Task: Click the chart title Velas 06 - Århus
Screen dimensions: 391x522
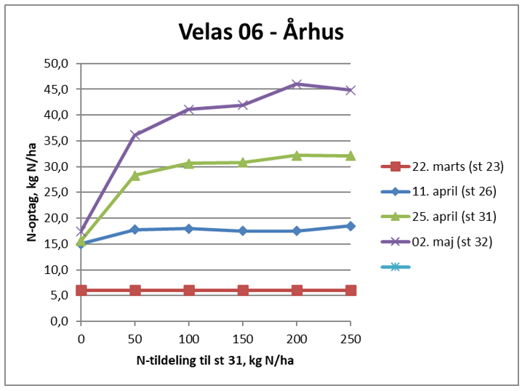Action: click(261, 32)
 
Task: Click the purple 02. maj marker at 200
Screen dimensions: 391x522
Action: click(297, 84)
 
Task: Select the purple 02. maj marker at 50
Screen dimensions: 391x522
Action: click(134, 135)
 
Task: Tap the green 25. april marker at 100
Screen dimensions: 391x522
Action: click(189, 164)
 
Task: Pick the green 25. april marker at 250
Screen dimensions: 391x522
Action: click(350, 156)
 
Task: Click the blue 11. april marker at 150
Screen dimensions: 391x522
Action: click(243, 231)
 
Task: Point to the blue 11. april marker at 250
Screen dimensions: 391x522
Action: click(350, 226)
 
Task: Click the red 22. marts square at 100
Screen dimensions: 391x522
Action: click(189, 290)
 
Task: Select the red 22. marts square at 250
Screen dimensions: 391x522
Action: click(350, 290)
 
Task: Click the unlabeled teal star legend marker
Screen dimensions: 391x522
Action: click(395, 267)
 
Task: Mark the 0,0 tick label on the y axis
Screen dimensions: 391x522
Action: click(58, 321)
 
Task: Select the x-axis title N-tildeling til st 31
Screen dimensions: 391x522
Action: click(216, 360)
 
